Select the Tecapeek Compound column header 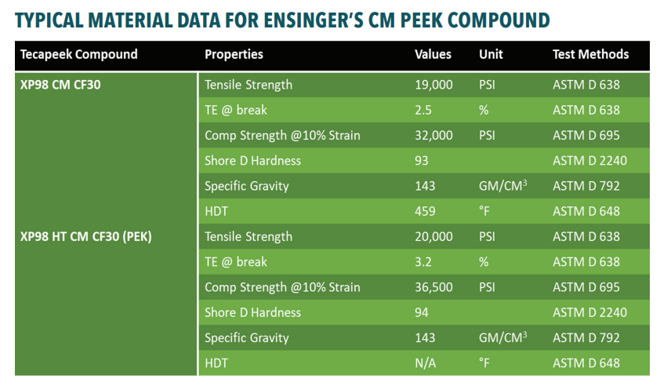coord(78,54)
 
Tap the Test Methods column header coord(590,54)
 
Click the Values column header coord(433,54)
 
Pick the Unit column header coord(491,54)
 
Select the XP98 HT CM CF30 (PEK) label coord(85,236)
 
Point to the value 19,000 coord(433,85)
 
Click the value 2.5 coord(423,110)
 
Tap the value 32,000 coord(433,135)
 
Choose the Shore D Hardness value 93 coord(422,161)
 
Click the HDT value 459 coord(425,211)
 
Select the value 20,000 coord(433,236)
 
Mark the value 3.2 coord(423,262)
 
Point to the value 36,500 coord(433,287)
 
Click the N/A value coord(426,363)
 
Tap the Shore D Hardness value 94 coord(422,312)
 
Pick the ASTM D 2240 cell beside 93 coord(589,161)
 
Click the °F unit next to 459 coord(484,211)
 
